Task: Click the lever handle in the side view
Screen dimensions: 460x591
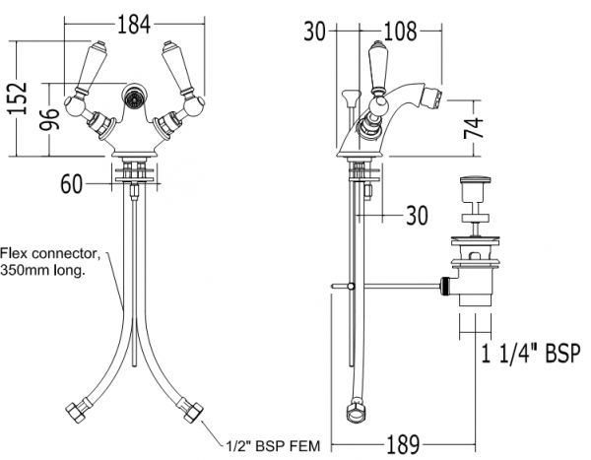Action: [376, 69]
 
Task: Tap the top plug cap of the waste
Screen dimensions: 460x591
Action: [477, 184]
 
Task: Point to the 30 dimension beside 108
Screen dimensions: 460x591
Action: [315, 31]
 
